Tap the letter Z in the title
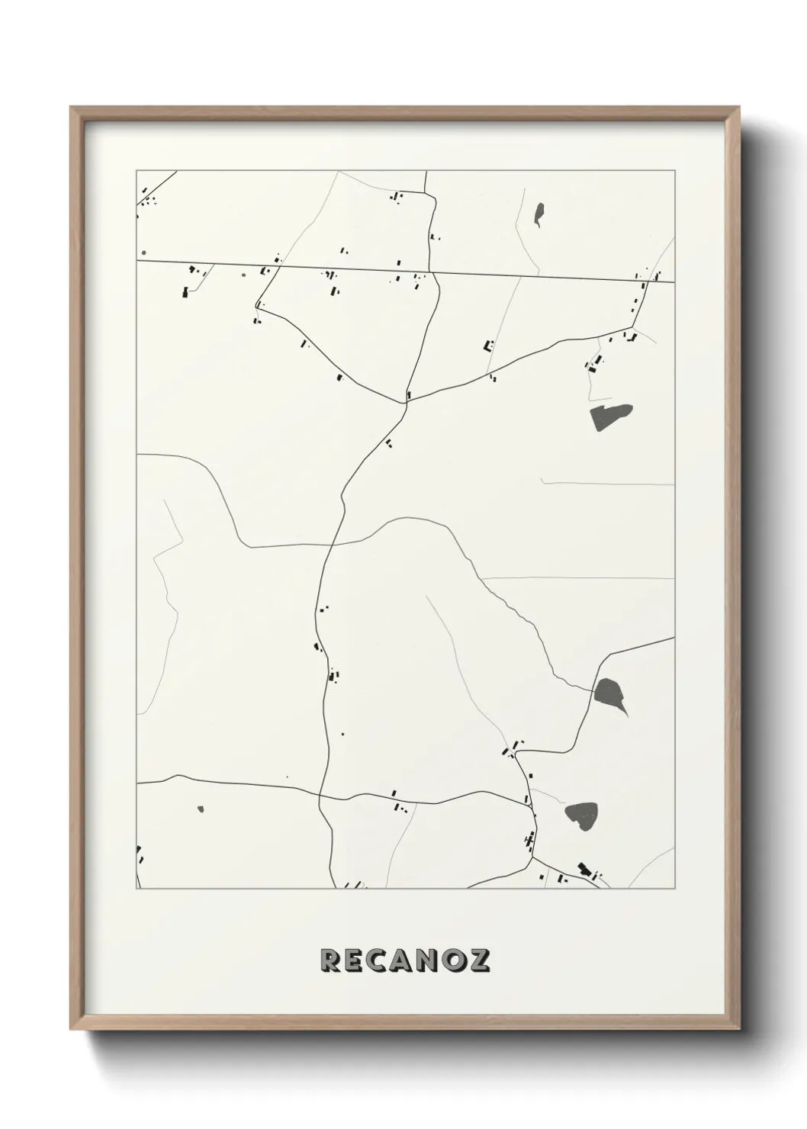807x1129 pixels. pyautogui.click(x=479, y=960)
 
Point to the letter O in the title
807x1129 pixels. pyautogui.click(x=455, y=960)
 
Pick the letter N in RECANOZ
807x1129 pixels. pyautogui.click(x=430, y=960)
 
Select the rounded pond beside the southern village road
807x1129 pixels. pyautogui.click(x=582, y=815)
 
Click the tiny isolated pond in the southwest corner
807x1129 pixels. pyautogui.click(x=201, y=809)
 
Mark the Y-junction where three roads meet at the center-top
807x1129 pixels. pyautogui.click(x=406, y=401)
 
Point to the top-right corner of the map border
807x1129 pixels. pyautogui.click(x=675, y=172)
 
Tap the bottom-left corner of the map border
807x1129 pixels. pyautogui.click(x=137, y=889)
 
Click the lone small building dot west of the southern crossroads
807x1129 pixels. pyautogui.click(x=288, y=777)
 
